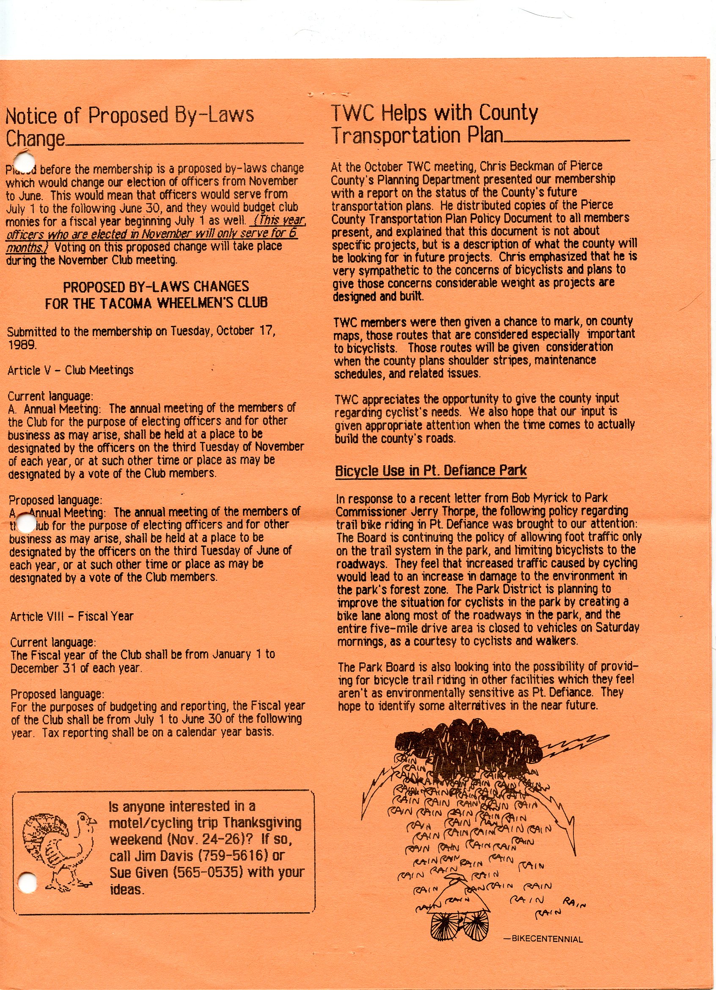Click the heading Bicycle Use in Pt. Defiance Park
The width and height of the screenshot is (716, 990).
(431, 471)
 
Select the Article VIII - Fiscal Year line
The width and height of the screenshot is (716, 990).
(72, 616)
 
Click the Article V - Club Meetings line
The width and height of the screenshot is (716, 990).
(71, 370)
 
